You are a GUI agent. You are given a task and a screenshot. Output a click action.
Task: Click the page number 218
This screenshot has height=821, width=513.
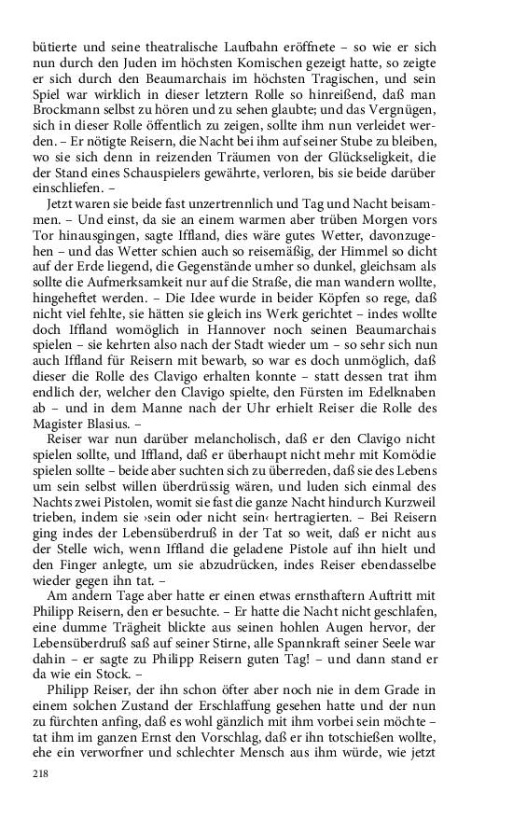[40, 774]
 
